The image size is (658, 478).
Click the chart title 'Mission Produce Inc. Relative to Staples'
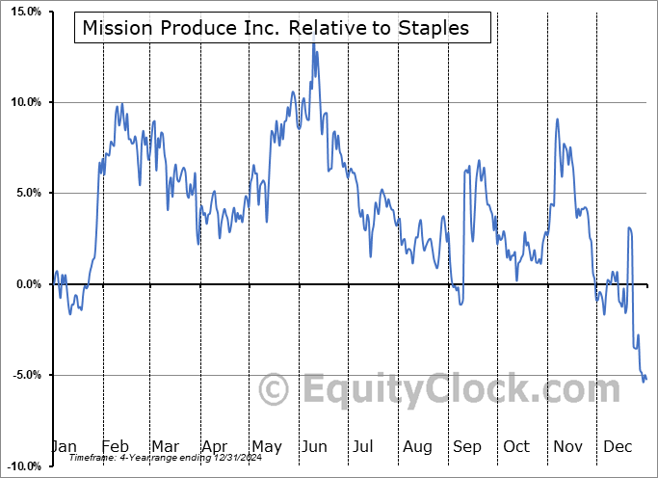(x=276, y=28)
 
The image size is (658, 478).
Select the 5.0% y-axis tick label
(x=24, y=193)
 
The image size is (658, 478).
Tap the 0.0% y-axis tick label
(x=24, y=284)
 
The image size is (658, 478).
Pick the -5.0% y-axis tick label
(x=22, y=375)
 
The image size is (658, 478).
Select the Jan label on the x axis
(x=65, y=447)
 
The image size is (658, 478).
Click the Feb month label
(x=116, y=447)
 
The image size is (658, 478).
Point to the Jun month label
(x=312, y=447)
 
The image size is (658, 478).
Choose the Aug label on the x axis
(x=417, y=447)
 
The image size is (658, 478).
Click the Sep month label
(x=466, y=447)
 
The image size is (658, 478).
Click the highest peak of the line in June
(x=312, y=44)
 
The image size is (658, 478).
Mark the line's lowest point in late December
(x=644, y=382)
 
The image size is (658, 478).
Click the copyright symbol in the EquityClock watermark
(x=276, y=390)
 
